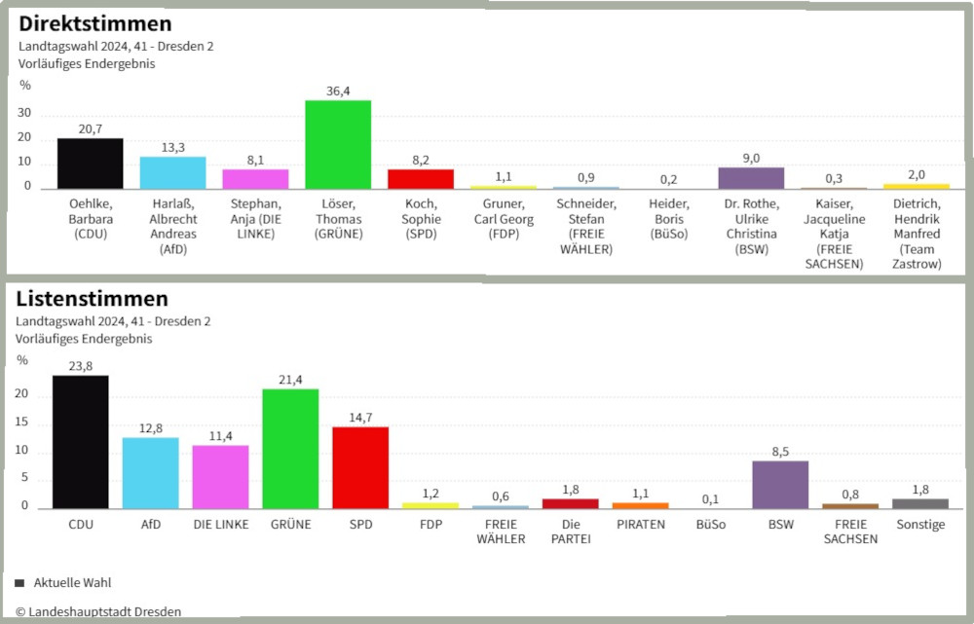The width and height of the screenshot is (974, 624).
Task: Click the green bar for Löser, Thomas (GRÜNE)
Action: (338, 144)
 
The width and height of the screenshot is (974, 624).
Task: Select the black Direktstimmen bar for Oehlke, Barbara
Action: (90, 163)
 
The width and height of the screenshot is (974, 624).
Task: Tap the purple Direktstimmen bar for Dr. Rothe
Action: (751, 177)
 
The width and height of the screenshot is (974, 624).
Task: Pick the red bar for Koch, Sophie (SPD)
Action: (421, 178)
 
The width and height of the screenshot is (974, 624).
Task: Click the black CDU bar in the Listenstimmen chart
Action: (80, 442)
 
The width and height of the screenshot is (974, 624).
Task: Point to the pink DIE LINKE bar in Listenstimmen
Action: (220, 476)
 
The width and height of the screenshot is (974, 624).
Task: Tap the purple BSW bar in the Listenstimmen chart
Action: (780, 484)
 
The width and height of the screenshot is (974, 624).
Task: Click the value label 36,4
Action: (338, 92)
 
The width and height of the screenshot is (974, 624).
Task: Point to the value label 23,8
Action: (80, 367)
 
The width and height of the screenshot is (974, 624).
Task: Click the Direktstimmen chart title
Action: (95, 24)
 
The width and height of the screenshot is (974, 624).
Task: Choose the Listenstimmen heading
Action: (92, 299)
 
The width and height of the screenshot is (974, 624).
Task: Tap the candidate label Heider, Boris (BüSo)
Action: (669, 219)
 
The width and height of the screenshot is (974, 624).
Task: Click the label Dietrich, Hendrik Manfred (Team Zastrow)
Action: (916, 234)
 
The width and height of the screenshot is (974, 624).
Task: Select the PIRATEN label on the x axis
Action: (640, 525)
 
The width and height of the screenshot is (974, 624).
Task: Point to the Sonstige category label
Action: (919, 525)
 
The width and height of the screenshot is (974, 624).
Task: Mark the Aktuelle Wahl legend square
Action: (19, 583)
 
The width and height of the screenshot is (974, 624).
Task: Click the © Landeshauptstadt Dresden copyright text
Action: (97, 611)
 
